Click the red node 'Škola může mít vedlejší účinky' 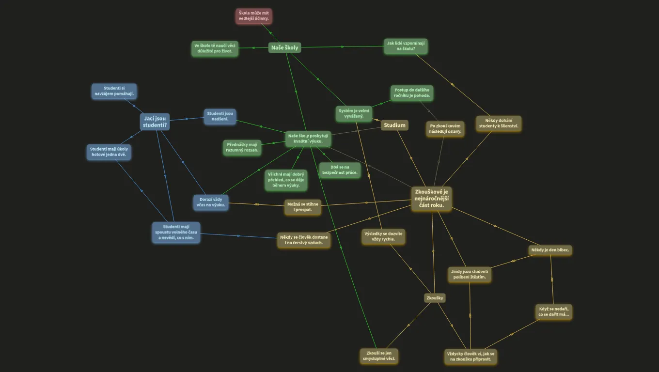[x=253, y=16]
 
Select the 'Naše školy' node [x=284, y=47]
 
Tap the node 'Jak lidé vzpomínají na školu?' [x=406, y=46]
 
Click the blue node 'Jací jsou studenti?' [x=155, y=122]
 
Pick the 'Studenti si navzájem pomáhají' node [x=114, y=91]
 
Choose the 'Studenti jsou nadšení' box [x=220, y=116]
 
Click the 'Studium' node [x=394, y=125]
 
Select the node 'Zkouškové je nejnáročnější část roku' [x=431, y=199]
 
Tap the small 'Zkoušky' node [x=435, y=298]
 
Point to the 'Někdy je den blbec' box [x=550, y=250]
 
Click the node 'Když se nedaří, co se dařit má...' [x=554, y=312]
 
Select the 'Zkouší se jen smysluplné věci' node [x=379, y=356]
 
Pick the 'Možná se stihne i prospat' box [x=303, y=207]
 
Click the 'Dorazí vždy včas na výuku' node [x=211, y=202]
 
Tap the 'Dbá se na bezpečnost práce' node [x=340, y=170]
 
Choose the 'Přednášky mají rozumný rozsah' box [x=242, y=148]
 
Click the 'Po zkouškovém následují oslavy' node [x=445, y=129]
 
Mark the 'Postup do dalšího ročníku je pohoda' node [x=412, y=93]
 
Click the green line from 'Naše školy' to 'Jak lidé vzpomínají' [x=343, y=47]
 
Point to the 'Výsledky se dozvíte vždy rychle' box [x=383, y=237]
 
